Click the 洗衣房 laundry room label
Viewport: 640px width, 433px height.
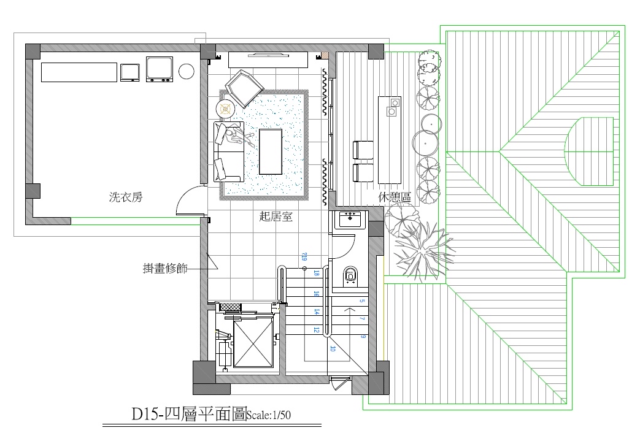pyautogui.click(x=126, y=197)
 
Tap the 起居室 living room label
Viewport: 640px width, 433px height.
pyautogui.click(x=276, y=216)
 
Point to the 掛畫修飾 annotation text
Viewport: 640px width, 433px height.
pyautogui.click(x=165, y=268)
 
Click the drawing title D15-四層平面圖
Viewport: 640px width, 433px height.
pyautogui.click(x=189, y=415)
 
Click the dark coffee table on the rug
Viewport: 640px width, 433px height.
pyautogui.click(x=271, y=151)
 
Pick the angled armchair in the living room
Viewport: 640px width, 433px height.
pyautogui.click(x=243, y=87)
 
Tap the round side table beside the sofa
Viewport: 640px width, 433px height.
pyautogui.click(x=227, y=109)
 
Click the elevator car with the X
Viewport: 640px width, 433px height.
pyautogui.click(x=253, y=343)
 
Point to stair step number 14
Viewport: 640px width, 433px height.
pyautogui.click(x=317, y=312)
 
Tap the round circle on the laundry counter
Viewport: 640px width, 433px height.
pyautogui.click(x=186, y=71)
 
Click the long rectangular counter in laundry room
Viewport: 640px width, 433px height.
pyautogui.click(x=79, y=72)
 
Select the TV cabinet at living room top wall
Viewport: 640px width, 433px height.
pyautogui.click(x=268, y=59)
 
